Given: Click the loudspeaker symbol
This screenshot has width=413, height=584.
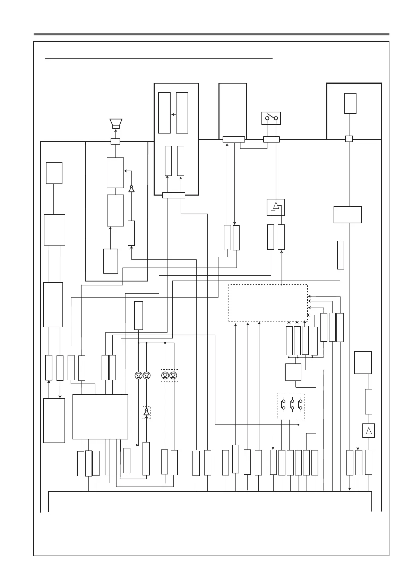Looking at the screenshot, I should [x=116, y=123].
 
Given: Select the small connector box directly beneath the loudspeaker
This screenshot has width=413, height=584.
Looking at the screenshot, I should [x=115, y=141].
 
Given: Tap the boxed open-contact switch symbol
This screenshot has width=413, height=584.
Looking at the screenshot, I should [x=271, y=118].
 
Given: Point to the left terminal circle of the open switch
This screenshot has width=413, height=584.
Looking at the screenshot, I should [x=267, y=119].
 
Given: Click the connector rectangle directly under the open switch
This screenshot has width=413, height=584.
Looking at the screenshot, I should [x=271, y=139].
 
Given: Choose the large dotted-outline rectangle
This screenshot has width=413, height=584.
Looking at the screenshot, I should [x=268, y=303].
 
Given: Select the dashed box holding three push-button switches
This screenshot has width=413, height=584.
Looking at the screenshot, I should [x=291, y=406].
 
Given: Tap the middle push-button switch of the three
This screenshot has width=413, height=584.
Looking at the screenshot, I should [x=292, y=404].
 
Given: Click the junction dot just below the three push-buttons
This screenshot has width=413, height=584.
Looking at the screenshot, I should [x=299, y=424].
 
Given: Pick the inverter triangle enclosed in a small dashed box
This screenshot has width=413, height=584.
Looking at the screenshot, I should [x=146, y=412].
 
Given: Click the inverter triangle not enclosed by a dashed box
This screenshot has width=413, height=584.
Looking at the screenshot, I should [x=131, y=189].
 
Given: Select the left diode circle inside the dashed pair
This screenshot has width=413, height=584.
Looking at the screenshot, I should [x=165, y=376].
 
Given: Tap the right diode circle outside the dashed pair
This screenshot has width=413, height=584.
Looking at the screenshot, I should [x=147, y=376].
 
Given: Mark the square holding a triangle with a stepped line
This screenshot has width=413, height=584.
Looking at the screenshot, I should [x=276, y=207].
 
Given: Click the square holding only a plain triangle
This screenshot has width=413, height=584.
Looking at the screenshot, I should [x=369, y=431].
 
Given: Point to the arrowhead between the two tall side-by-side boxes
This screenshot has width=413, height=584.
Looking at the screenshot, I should [x=173, y=114].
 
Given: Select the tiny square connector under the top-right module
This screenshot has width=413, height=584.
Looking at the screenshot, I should [x=349, y=139].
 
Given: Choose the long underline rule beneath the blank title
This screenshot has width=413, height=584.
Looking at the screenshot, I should [x=159, y=59].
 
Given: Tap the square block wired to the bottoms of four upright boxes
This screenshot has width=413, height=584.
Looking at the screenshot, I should [x=293, y=372].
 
